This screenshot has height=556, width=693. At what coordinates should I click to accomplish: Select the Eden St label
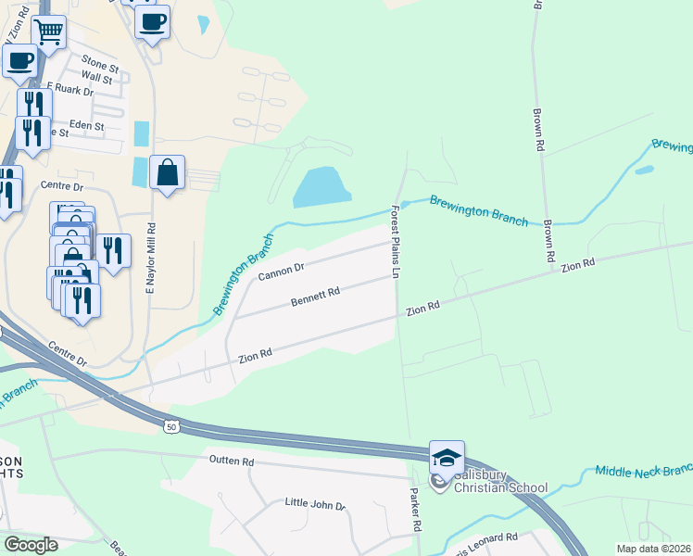click(x=86, y=125)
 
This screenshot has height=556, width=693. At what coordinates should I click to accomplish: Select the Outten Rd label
click(x=231, y=461)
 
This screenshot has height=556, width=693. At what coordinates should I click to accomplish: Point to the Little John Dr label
click(x=314, y=506)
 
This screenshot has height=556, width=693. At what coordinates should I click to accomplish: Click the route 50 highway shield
click(x=170, y=426)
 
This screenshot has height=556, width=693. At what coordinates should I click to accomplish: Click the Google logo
click(x=31, y=544)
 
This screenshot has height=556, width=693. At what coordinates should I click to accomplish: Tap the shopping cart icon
click(x=48, y=33)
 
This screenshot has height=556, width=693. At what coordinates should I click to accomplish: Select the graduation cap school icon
click(x=447, y=458)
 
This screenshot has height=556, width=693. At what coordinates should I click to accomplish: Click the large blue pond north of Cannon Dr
click(x=322, y=187)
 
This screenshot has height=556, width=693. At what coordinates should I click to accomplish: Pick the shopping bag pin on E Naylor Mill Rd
click(x=167, y=172)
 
